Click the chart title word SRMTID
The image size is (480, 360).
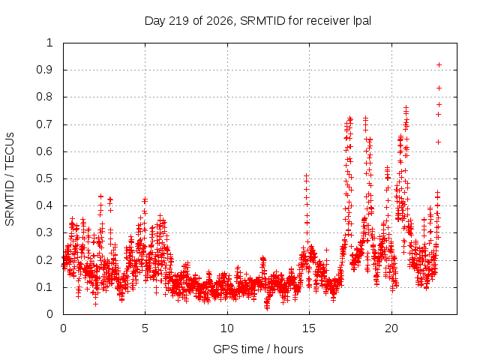[262, 21]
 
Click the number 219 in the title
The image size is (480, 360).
[178, 21]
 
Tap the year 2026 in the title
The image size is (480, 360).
[220, 21]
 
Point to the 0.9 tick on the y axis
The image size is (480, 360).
[44, 70]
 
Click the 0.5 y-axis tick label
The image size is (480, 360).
[44, 178]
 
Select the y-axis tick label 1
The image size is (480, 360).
[49, 43]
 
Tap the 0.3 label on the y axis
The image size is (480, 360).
[44, 232]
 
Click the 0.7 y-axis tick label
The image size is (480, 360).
[44, 124]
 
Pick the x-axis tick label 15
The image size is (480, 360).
[309, 328]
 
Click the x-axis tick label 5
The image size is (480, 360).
[145, 328]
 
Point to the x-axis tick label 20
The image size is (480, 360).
[391, 328]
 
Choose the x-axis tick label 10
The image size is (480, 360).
[227, 328]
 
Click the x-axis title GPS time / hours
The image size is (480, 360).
[258, 349]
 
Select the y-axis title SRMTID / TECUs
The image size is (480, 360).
[10, 179]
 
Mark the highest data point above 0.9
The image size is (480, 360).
[439, 65]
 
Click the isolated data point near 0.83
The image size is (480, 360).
[439, 88]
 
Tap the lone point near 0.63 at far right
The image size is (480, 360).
[438, 142]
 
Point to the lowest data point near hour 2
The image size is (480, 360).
[95, 304]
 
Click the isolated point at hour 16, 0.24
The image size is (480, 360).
[327, 250]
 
